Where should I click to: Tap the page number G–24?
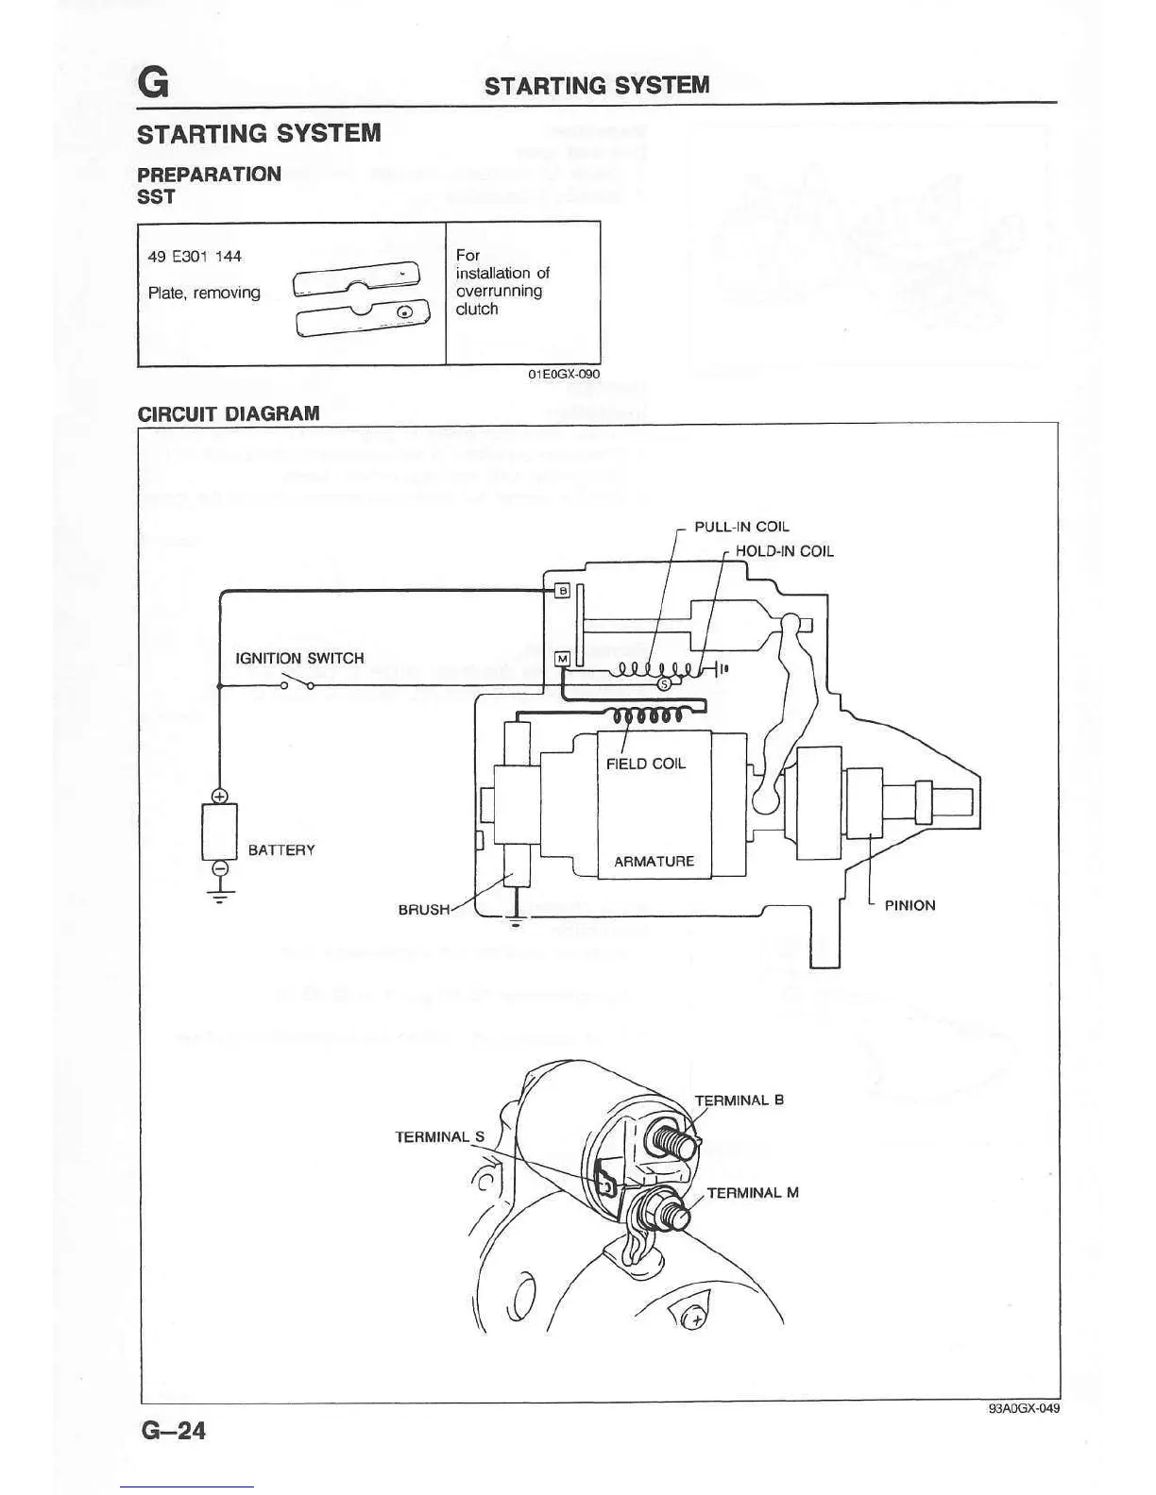click(174, 1431)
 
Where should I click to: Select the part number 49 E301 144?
click(195, 256)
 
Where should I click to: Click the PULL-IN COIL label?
click(741, 527)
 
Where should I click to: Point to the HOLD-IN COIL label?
click(784, 551)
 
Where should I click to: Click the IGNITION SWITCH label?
click(299, 658)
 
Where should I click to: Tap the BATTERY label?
click(281, 849)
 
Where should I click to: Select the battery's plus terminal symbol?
click(219, 796)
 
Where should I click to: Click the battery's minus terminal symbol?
click(219, 867)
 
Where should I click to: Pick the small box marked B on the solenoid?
click(562, 591)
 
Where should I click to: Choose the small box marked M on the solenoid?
click(562, 658)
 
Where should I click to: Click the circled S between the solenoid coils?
click(663, 683)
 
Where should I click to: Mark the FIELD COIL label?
click(646, 763)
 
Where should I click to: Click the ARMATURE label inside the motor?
click(654, 861)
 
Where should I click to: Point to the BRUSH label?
click(424, 909)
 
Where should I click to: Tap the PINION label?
click(909, 905)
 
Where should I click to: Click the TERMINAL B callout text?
click(739, 1100)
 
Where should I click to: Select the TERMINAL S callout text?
click(439, 1136)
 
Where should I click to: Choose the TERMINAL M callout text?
click(753, 1192)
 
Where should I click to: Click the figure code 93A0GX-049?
click(1024, 1408)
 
